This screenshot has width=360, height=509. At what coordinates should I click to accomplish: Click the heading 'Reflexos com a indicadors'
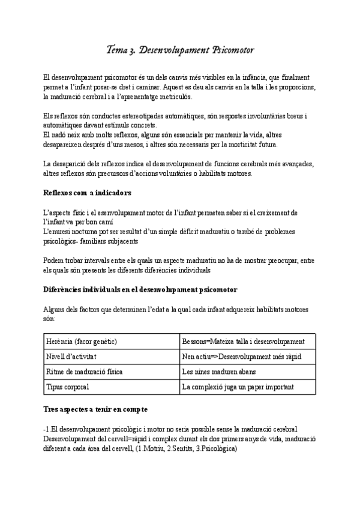(87, 193)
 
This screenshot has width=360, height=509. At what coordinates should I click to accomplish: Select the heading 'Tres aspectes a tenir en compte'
(96, 409)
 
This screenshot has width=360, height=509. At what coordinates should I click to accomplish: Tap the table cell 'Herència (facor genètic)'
(81, 342)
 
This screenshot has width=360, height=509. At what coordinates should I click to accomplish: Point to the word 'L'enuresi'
(59, 231)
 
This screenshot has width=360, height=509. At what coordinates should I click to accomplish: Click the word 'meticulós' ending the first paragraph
(172, 97)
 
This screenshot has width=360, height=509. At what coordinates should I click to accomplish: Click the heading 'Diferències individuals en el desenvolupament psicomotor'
(140, 289)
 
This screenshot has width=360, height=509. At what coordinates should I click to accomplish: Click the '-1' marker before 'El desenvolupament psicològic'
(47, 427)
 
